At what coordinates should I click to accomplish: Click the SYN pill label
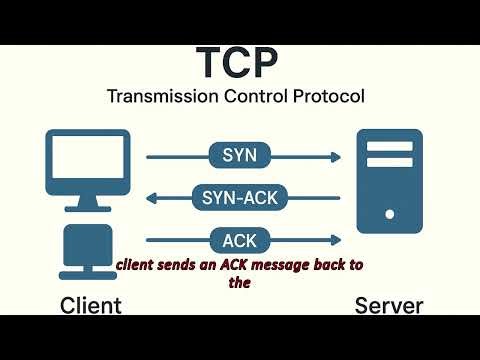[239, 156]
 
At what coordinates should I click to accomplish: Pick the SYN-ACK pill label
[239, 197]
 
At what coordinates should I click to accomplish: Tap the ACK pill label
[239, 240]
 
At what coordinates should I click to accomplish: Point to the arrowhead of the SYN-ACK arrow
[152, 198]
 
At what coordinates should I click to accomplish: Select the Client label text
[91, 305]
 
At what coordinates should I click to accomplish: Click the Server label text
[389, 305]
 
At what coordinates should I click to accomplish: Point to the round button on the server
[389, 213]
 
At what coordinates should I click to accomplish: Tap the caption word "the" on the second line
[238, 282]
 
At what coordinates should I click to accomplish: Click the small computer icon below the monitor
[87, 249]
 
